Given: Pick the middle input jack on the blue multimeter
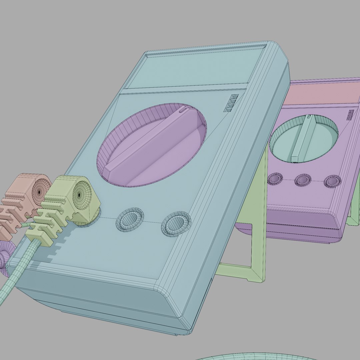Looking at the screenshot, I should (130, 220).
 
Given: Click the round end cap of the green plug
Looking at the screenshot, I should (79, 195).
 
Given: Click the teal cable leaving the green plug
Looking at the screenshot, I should (17, 273).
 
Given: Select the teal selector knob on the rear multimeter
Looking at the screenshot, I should (303, 138).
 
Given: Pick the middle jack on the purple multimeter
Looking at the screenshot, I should (303, 180).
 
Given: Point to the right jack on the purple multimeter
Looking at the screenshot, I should (332, 181).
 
